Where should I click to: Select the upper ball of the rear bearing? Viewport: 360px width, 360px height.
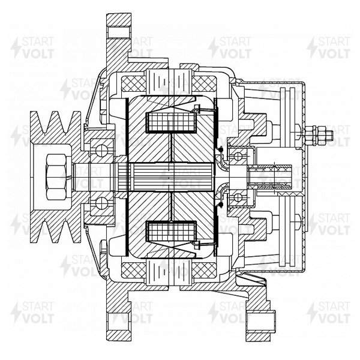(238, 157)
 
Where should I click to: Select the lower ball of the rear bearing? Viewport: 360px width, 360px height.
(238, 197)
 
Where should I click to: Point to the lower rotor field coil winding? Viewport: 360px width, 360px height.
(171, 232)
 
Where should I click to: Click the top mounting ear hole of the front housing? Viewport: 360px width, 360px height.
(119, 32)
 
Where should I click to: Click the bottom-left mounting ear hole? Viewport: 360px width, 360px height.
(119, 322)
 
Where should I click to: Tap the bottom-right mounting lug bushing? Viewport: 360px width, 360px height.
(260, 322)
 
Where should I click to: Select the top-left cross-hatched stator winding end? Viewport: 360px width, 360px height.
(134, 84)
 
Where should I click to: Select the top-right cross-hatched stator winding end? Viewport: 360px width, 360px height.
(204, 84)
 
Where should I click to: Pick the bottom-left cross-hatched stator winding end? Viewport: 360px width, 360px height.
(134, 270)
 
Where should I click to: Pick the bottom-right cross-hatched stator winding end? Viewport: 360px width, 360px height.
(204, 270)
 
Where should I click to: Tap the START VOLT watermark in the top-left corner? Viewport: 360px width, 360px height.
(32, 48)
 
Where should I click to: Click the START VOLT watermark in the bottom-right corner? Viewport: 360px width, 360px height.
(329, 312)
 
